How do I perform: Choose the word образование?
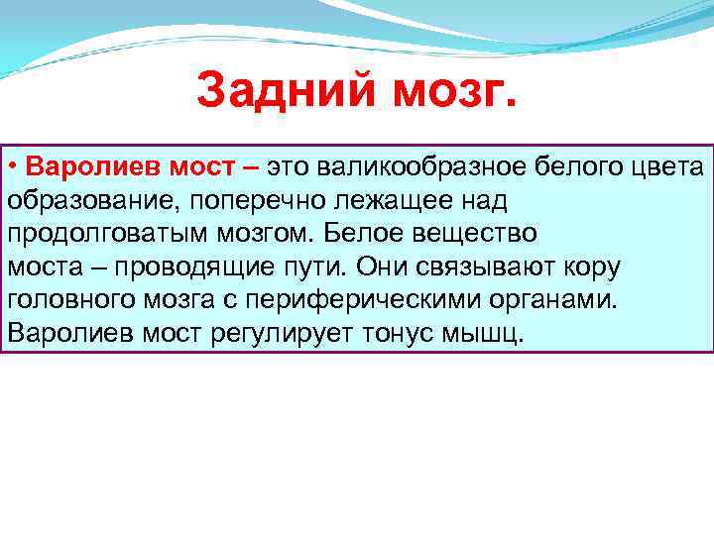click(77, 200)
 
